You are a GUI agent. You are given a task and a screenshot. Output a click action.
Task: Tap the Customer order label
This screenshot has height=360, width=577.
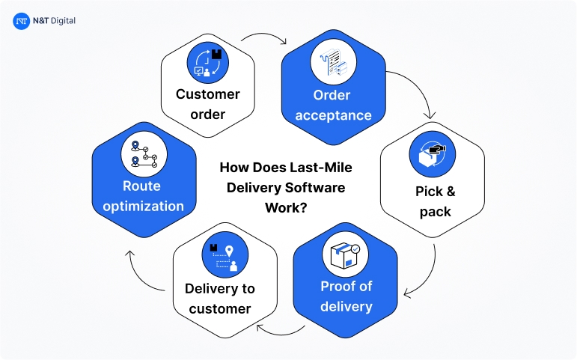207,104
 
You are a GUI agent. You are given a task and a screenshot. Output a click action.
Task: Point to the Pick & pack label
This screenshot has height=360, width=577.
434,201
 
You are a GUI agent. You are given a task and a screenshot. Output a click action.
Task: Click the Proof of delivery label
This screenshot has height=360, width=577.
346,296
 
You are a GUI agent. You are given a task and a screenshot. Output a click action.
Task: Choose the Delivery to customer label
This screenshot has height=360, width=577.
220,298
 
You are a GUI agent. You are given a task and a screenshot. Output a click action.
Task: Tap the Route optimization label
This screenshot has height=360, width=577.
143,195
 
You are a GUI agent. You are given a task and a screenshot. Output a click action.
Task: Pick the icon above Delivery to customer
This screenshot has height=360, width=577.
224,256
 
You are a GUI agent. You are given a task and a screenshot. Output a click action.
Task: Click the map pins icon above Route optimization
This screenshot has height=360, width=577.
143,153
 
